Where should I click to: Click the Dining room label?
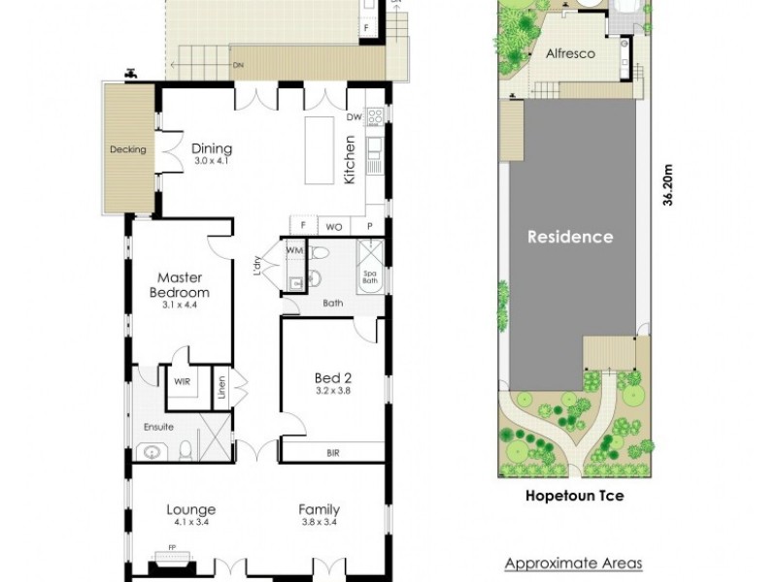[x=212, y=148]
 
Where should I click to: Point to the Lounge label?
[x=191, y=509]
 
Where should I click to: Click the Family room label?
[x=319, y=509]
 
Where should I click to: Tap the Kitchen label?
[x=350, y=160]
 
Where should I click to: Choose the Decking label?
[x=127, y=149]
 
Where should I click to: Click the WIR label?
[x=182, y=382]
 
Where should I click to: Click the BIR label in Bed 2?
[x=333, y=452]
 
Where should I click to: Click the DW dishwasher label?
[x=354, y=118]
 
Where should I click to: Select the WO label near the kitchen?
[x=333, y=225]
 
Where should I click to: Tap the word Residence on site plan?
[x=570, y=236]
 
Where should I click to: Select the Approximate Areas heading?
[x=573, y=563]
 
